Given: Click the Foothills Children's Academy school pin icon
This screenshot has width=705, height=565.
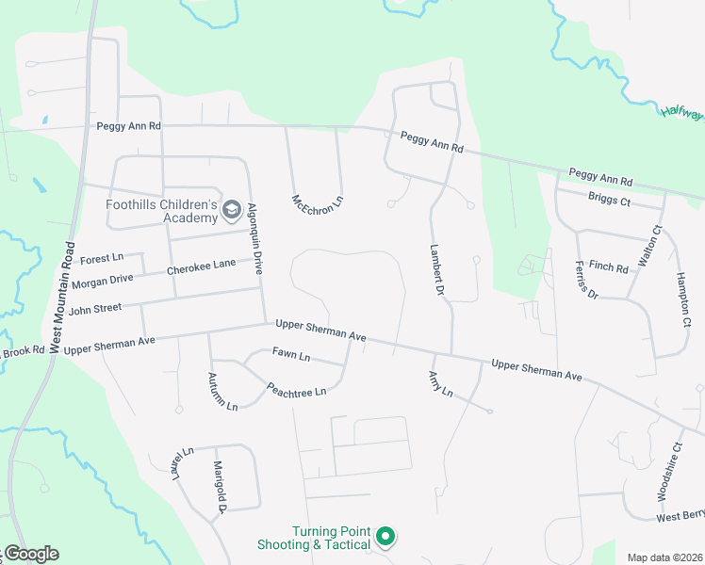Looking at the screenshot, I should [x=232, y=213].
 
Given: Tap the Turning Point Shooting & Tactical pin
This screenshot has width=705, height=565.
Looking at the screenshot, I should [x=385, y=537].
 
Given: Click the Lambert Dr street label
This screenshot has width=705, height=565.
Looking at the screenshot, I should [x=436, y=271].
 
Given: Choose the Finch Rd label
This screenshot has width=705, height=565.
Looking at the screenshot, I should [x=608, y=267].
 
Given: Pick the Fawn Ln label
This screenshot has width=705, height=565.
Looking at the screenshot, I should [x=291, y=356].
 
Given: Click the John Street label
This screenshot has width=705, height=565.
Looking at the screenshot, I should [x=95, y=308].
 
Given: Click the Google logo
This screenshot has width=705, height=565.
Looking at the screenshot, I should [x=30, y=554].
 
